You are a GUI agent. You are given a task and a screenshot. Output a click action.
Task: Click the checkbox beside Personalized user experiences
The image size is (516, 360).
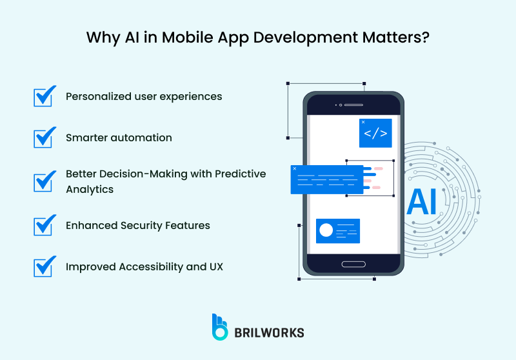point(43,97)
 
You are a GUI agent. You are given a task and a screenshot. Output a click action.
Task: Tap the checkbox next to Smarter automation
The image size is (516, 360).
point(43,138)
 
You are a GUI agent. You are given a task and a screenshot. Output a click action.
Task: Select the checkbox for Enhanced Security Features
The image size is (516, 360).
point(43,226)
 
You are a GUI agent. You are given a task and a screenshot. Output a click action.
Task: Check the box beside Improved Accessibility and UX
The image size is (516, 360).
point(43,266)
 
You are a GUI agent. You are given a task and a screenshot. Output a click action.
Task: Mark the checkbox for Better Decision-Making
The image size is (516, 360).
point(43,181)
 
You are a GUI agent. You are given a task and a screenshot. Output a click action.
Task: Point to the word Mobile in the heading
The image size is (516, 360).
point(183,37)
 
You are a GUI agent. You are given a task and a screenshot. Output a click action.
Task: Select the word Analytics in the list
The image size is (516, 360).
point(90,190)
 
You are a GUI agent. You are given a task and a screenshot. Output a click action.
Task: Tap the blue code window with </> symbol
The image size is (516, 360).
point(375,134)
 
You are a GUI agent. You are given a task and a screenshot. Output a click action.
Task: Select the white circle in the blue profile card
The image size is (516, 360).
point(326,230)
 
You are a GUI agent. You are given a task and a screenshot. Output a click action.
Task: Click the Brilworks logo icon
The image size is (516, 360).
point(221,327)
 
